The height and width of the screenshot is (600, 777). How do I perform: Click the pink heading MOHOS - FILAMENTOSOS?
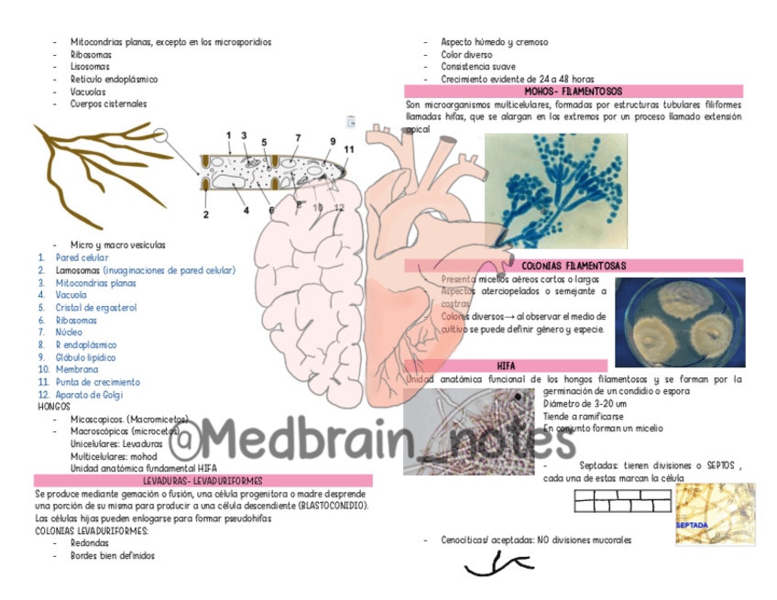(573, 92)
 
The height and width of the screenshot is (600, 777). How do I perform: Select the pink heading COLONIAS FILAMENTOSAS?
(575, 266)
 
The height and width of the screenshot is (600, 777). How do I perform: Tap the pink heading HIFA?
(507, 365)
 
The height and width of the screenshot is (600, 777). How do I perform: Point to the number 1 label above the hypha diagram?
(228, 136)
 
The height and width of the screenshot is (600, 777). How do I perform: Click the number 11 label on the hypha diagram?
(348, 148)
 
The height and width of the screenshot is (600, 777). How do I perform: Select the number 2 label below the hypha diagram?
(206, 215)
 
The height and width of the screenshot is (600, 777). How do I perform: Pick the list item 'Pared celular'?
(82, 257)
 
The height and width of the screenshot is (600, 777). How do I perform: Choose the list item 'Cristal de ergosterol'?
(96, 308)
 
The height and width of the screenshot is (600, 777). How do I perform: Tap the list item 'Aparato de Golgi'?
(89, 395)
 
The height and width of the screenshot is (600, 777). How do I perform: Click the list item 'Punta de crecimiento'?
(98, 382)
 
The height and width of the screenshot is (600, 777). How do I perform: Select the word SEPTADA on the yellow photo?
(691, 526)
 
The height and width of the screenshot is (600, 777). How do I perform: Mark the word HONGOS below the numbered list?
(53, 406)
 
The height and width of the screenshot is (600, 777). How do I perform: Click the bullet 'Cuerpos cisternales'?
(108, 104)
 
